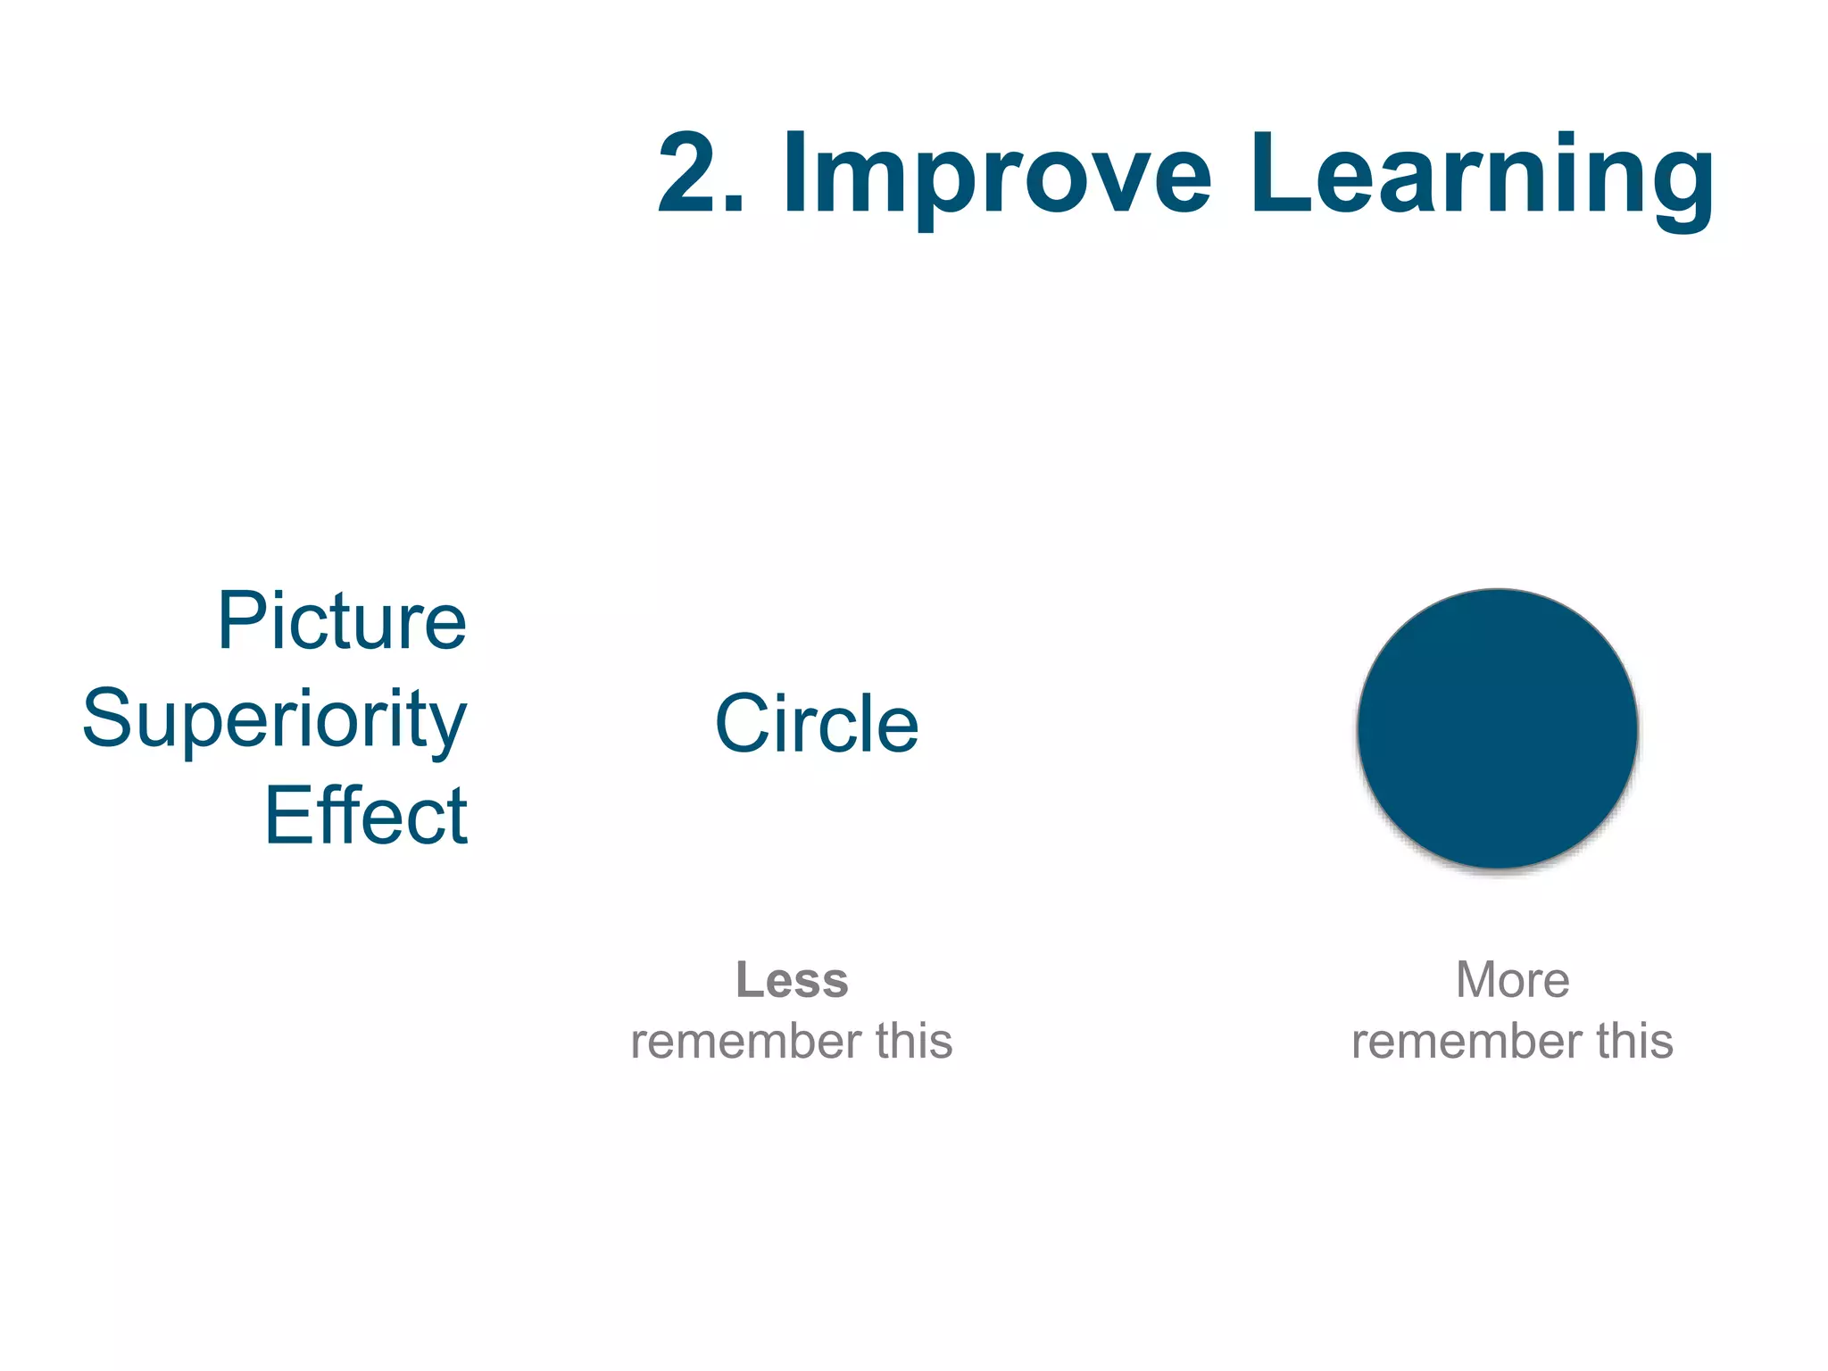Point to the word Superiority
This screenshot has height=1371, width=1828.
(275, 719)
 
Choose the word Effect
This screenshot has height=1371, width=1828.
(366, 816)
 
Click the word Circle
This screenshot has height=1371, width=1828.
(817, 724)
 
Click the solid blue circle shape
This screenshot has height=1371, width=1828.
(1497, 728)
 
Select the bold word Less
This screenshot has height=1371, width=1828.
(792, 980)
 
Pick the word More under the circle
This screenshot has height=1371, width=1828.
(1512, 980)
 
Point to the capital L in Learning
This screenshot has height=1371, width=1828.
(1275, 173)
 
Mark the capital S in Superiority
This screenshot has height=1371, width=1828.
(105, 718)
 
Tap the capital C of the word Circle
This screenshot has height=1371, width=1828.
(741, 724)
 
